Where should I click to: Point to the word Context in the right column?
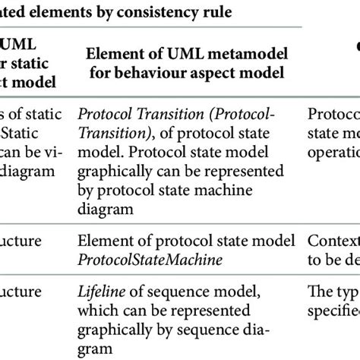point(333,242)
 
